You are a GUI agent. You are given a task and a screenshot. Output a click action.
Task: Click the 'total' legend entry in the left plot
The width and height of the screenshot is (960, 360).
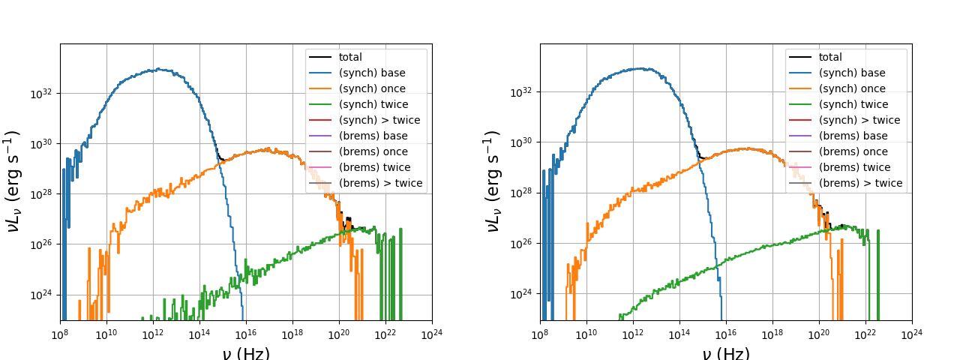(x=349, y=57)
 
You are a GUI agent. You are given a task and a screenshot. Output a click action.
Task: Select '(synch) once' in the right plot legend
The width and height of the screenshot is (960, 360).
(x=852, y=88)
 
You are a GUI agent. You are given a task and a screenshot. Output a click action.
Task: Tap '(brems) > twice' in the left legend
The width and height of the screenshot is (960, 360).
(x=380, y=183)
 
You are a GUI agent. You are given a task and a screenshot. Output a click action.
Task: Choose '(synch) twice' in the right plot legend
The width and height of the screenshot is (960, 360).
(x=853, y=104)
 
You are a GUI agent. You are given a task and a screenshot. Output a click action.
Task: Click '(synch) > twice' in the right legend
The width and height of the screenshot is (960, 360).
(x=859, y=120)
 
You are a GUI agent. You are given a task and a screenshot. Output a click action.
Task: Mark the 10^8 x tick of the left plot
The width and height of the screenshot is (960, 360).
(x=61, y=333)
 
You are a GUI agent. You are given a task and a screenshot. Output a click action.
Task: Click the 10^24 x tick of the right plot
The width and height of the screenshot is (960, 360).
(x=912, y=333)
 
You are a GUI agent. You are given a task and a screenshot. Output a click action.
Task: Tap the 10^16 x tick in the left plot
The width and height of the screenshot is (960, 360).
(x=246, y=333)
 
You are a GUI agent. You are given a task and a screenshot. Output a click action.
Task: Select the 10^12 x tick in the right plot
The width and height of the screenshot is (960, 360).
(x=633, y=333)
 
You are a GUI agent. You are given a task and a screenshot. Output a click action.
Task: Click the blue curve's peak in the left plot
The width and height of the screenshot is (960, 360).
(x=158, y=69)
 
